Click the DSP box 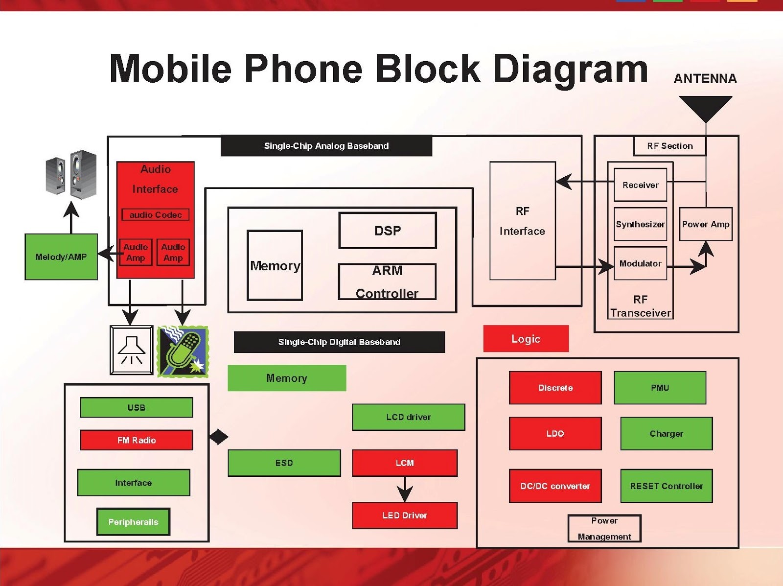(388, 231)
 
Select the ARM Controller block (387, 282)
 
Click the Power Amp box (706, 224)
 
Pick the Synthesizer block (640, 224)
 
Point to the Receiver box (640, 185)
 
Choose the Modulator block (640, 263)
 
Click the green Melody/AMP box (61, 257)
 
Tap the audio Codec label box (156, 215)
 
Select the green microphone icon (183, 351)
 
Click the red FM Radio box (136, 440)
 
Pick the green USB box (136, 407)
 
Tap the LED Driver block (405, 516)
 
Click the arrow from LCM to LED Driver (405, 489)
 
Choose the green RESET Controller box (667, 486)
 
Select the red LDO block (555, 434)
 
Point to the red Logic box (526, 339)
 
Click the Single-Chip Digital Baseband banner (339, 342)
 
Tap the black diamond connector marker (219, 437)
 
